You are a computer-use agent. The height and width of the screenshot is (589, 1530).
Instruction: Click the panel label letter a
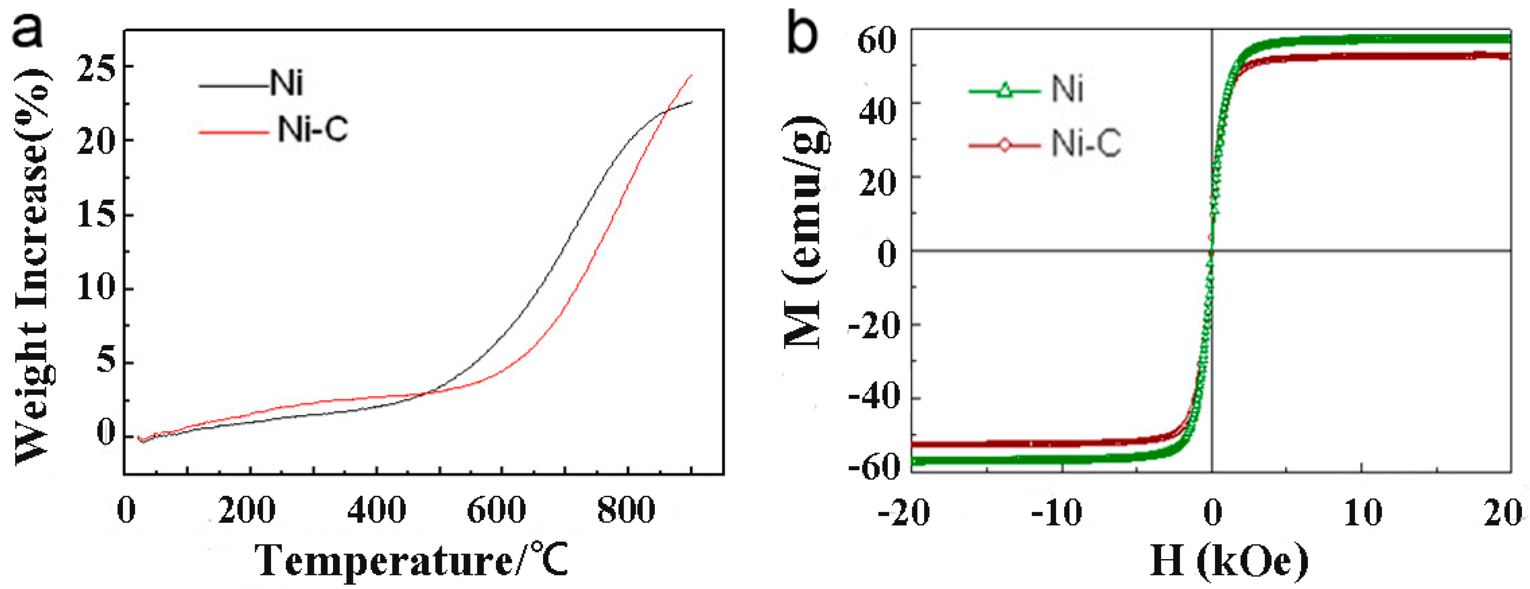click(28, 31)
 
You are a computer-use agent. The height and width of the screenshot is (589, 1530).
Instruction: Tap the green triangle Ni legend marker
click(1004, 91)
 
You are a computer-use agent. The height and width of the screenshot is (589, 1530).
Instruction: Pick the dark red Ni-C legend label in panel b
click(1086, 144)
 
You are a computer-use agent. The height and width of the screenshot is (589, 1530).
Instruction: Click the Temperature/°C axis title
click(411, 560)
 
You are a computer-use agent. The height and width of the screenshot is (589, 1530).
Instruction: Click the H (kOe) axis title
click(1229, 560)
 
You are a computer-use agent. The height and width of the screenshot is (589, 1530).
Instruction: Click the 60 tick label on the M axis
click(877, 42)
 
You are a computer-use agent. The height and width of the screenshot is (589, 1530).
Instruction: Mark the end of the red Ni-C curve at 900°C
click(692, 75)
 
